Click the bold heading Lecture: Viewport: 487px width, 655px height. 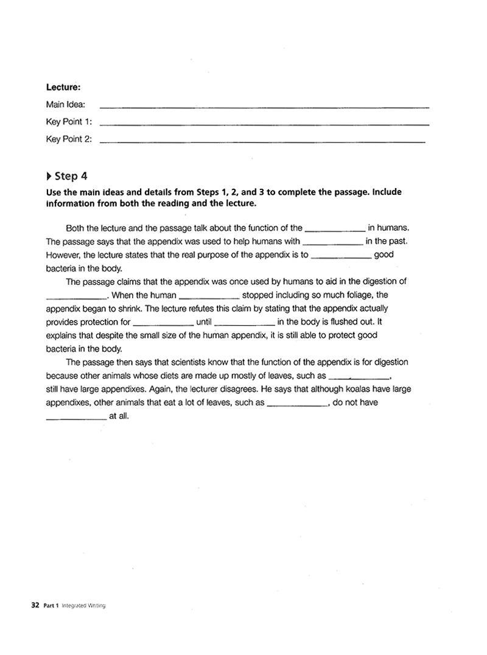coord(63,88)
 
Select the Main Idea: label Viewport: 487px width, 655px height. coord(65,105)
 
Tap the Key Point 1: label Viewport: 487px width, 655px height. coord(69,122)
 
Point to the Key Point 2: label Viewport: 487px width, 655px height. coord(69,139)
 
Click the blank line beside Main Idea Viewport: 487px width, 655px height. coord(264,107)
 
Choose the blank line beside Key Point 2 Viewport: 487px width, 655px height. coord(262,142)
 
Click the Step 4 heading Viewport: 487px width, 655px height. coord(71,177)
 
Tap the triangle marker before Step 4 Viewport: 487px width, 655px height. coord(49,177)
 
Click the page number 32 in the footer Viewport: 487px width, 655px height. coord(35,605)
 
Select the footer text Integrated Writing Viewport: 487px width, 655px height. coord(83,606)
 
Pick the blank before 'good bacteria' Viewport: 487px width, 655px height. coord(341,257)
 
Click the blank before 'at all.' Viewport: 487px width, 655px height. coord(76,419)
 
